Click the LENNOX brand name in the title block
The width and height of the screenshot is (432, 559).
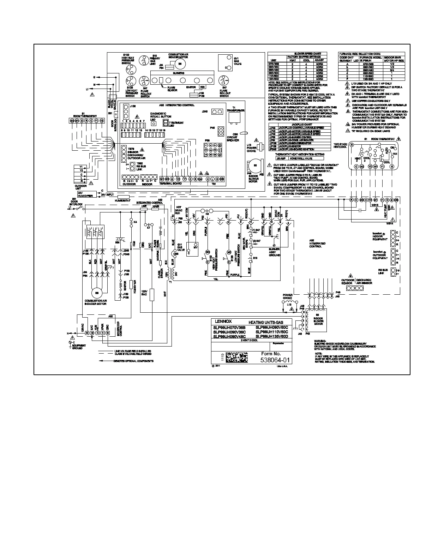point(223,321)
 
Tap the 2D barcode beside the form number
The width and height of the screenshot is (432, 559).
point(236,357)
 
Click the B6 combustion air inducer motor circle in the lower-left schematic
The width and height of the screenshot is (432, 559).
point(96,293)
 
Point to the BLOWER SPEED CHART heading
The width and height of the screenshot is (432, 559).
point(295,54)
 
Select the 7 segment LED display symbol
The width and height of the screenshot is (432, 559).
point(165,122)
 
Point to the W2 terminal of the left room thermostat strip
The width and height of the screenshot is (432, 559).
point(72,120)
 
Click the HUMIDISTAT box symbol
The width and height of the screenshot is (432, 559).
point(123,197)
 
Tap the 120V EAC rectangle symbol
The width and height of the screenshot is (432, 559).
point(152,295)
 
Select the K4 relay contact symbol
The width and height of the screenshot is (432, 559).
point(131,222)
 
